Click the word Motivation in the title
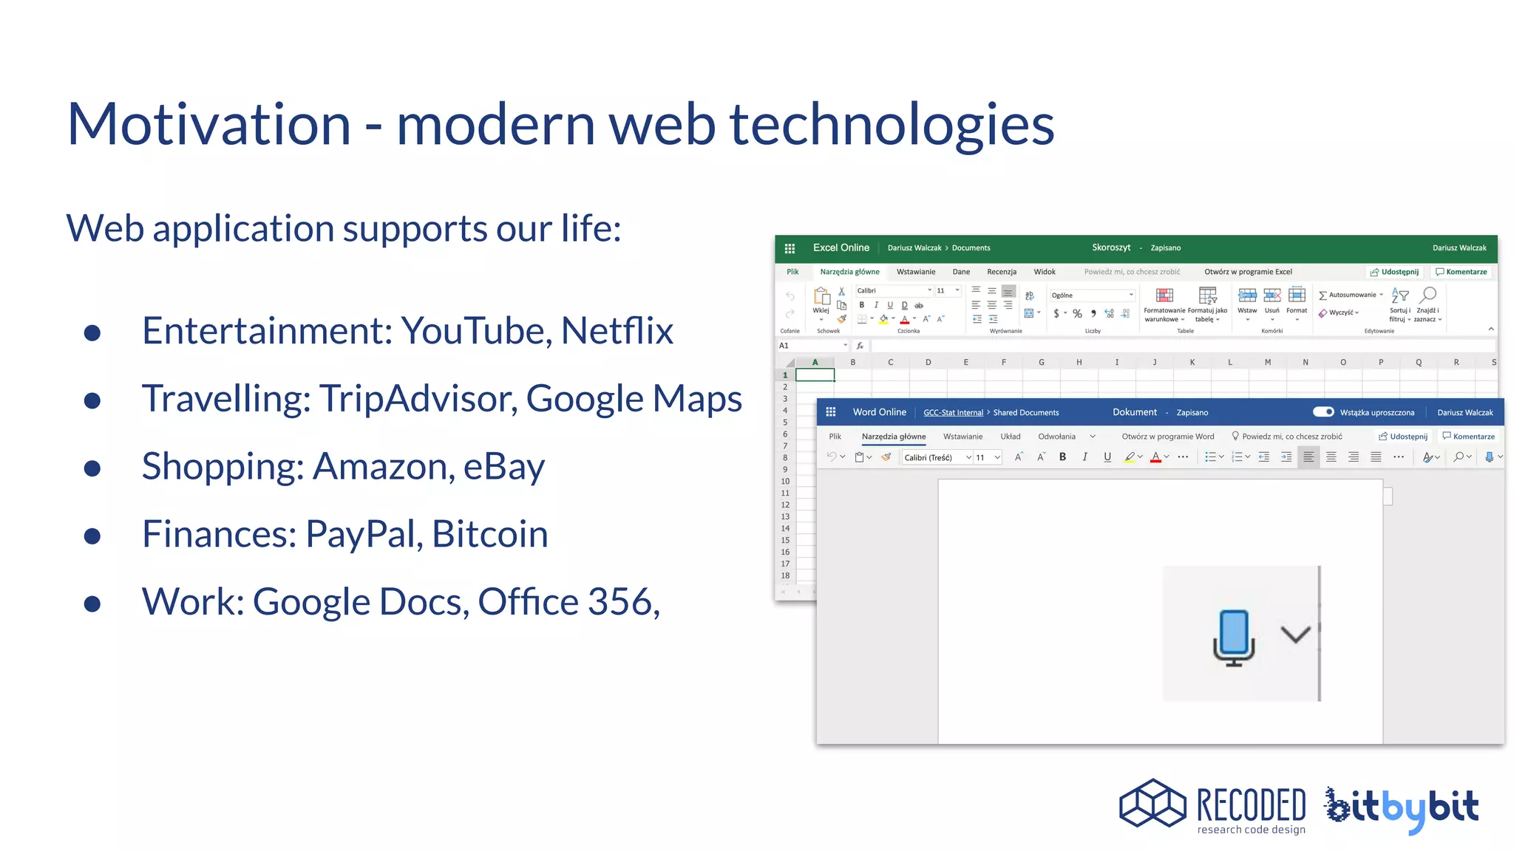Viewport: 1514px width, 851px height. click(208, 124)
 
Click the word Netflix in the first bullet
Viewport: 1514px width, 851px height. click(617, 330)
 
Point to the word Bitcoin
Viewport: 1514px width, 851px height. click(489, 534)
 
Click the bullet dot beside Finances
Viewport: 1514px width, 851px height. click(92, 536)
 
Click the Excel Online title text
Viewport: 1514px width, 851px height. click(841, 248)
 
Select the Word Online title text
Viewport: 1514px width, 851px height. click(879, 412)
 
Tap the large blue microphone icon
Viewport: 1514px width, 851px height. click(1234, 637)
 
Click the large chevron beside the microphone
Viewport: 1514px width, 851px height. click(1295, 634)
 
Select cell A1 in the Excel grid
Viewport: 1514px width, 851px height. click(815, 375)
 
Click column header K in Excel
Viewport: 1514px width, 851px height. click(1192, 362)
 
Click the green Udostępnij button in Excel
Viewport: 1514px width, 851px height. click(1394, 272)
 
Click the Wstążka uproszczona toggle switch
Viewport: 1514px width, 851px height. click(1323, 412)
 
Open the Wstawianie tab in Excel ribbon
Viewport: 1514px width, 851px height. click(915, 272)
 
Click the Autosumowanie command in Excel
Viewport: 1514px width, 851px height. click(1351, 295)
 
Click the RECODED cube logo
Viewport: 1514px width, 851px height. click(1153, 804)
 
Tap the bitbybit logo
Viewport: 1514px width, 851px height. click(1402, 808)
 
